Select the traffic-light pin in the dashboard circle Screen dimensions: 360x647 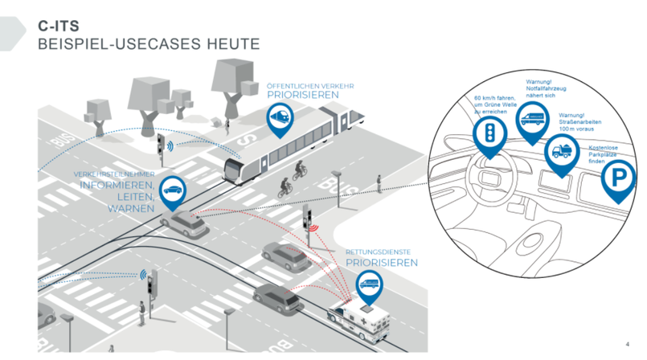[486, 134]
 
